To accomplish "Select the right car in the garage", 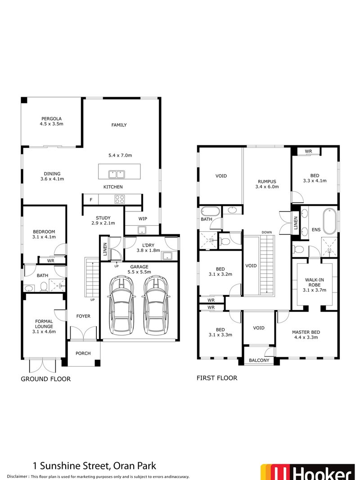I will (155, 304).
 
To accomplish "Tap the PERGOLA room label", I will (50, 121).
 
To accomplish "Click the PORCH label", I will (83, 353).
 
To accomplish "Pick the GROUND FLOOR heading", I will (46, 379).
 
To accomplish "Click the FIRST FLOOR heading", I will (217, 378).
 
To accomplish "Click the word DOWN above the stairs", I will (267, 232).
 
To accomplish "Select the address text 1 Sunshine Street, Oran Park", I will (94, 466).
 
